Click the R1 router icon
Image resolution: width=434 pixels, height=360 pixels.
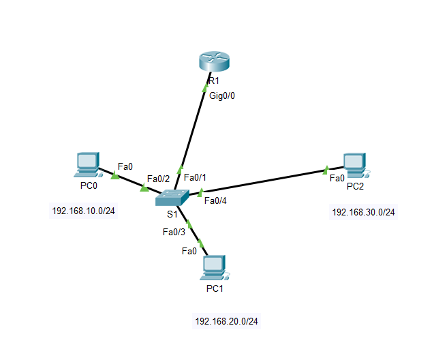pyautogui.click(x=216, y=61)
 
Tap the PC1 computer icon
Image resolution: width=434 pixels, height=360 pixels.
pyautogui.click(x=214, y=268)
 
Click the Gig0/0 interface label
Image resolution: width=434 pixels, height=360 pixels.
pyautogui.click(x=222, y=95)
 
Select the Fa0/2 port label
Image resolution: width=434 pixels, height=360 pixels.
pyautogui.click(x=158, y=179)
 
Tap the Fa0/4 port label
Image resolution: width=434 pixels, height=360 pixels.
pyautogui.click(x=215, y=200)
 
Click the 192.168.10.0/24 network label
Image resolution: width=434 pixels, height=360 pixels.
pyautogui.click(x=83, y=211)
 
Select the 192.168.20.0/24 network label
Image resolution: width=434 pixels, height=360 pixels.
pyautogui.click(x=226, y=321)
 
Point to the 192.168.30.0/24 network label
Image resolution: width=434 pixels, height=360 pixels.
pyautogui.click(x=363, y=212)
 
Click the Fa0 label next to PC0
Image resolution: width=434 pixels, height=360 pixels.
pyautogui.click(x=125, y=166)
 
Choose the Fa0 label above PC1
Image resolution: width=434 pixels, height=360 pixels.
pyautogui.click(x=189, y=251)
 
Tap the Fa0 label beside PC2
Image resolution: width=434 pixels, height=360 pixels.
pyautogui.click(x=337, y=178)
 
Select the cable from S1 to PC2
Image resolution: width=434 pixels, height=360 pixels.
pyautogui.click(x=266, y=181)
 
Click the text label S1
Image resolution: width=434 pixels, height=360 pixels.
pyautogui.click(x=172, y=213)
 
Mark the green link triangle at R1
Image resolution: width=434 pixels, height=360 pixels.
pyautogui.click(x=207, y=87)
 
